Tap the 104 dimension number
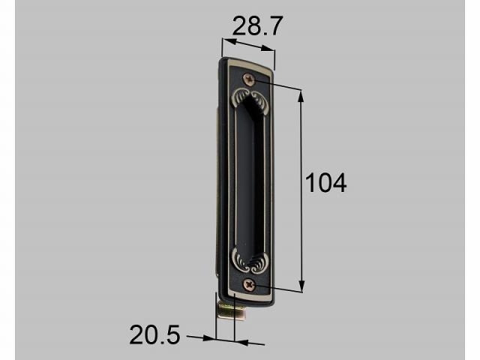click(325, 183)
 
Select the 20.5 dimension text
click(154, 334)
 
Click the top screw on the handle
click(250, 79)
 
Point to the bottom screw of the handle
click(250, 285)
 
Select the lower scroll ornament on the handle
click(250, 261)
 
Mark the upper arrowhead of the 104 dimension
click(301, 96)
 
